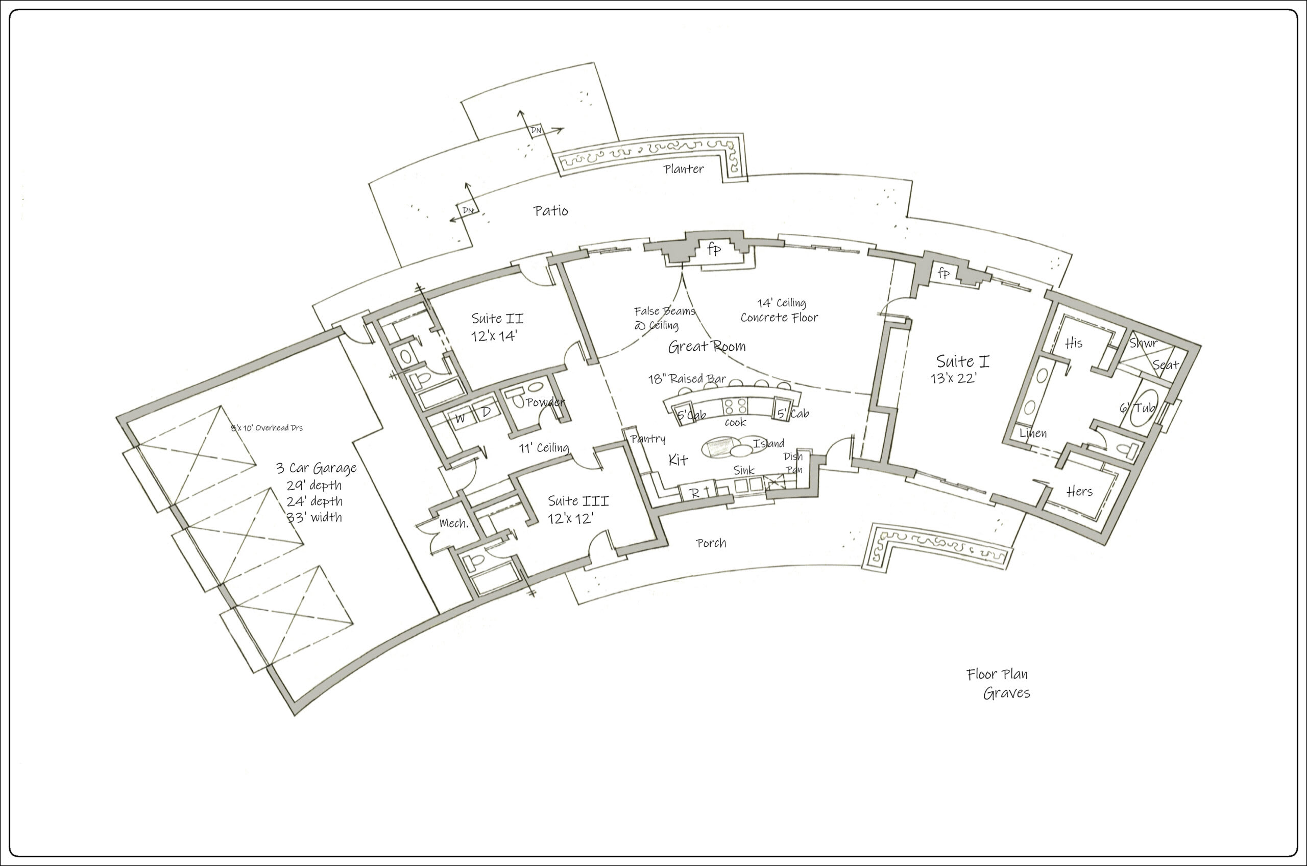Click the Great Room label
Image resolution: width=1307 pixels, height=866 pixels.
coord(706,347)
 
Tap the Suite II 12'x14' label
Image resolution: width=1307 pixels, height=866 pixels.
coord(496,327)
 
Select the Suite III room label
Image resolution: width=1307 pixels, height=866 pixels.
coord(577,509)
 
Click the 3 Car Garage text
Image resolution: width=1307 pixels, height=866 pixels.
coord(316,468)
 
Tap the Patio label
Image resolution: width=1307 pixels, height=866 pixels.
coord(550,210)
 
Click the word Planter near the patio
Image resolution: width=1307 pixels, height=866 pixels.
coord(684,169)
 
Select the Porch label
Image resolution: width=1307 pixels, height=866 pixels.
coord(711,543)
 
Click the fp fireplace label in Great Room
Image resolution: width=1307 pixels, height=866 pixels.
coord(713,250)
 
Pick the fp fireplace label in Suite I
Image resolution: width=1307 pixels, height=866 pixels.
coord(943,273)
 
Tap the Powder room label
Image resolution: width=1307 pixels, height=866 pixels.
coord(545,402)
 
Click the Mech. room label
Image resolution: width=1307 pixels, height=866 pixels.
coord(454,523)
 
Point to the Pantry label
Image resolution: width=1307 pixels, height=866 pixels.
coord(648,439)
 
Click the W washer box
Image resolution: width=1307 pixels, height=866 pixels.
coord(460,419)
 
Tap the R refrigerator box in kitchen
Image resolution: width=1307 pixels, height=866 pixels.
coord(695,493)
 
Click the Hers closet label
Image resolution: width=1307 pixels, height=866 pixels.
coord(1079,491)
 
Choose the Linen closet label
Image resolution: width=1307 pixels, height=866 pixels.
coord(1033,434)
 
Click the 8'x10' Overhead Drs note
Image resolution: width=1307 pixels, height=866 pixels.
coord(267,427)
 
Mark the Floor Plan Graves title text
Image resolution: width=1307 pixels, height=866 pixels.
coord(998,684)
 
